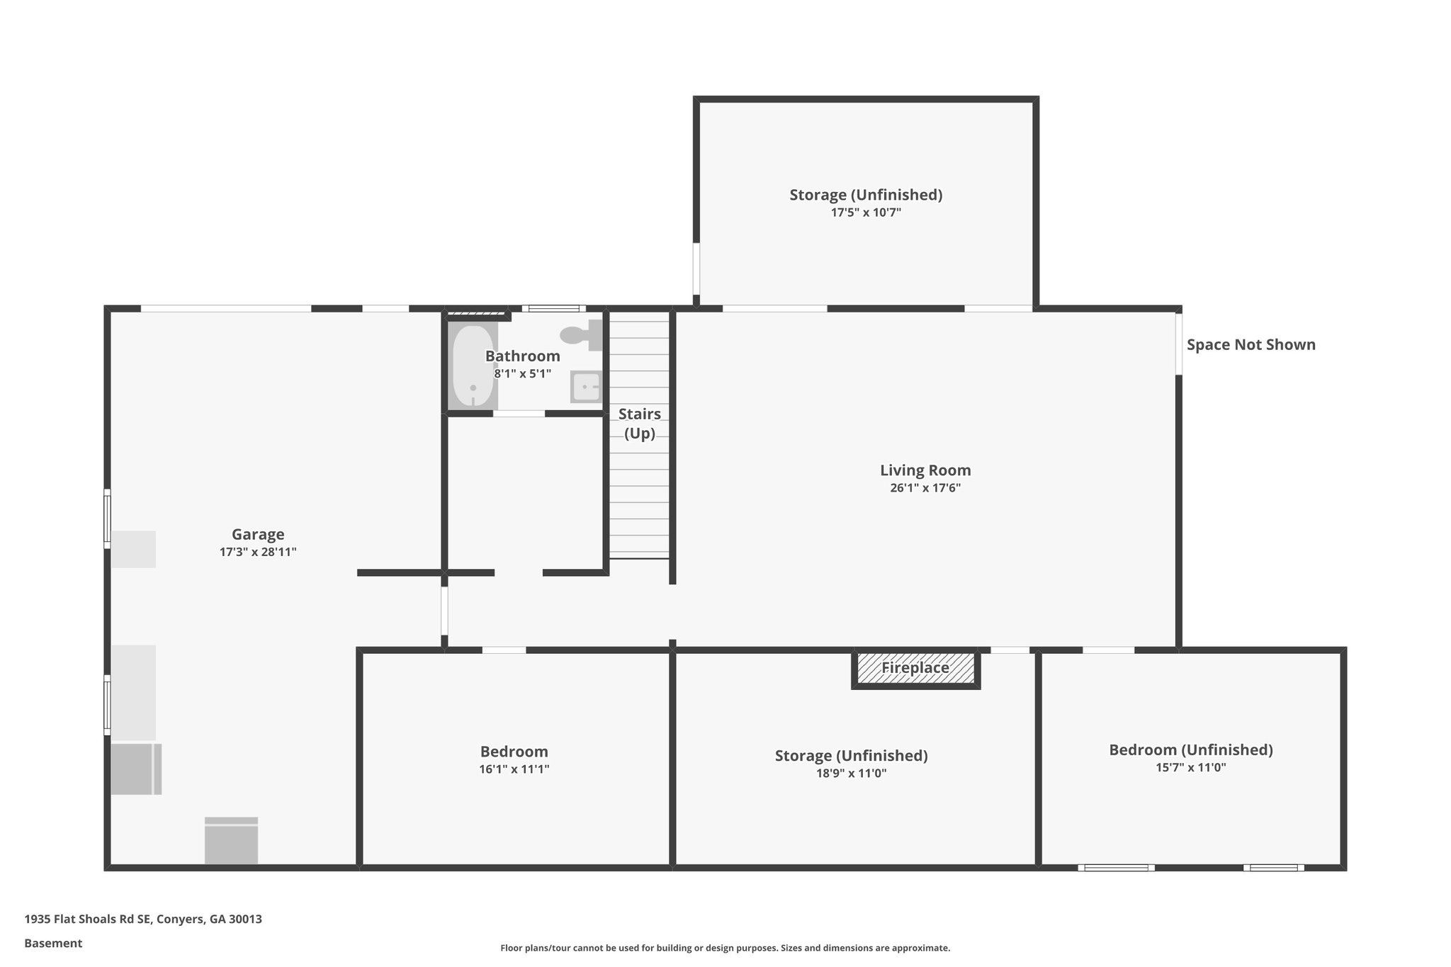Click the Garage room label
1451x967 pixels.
click(x=258, y=534)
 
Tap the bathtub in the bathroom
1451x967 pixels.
click(x=473, y=366)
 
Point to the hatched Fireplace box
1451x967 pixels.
click(x=915, y=668)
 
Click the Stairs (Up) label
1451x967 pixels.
click(x=640, y=423)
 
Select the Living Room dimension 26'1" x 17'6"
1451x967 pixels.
click(x=925, y=487)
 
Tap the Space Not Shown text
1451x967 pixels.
click(x=1250, y=345)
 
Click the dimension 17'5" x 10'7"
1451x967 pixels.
click(x=866, y=212)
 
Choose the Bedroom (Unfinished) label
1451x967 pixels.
click(x=1190, y=750)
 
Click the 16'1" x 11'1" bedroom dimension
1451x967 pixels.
click(x=514, y=769)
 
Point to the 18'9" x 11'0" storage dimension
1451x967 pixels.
click(x=851, y=773)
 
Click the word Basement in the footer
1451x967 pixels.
click(x=53, y=943)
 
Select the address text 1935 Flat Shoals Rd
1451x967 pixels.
click(x=143, y=919)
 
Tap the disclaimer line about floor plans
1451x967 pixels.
click(x=725, y=948)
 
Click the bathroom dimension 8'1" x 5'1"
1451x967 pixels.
click(x=522, y=373)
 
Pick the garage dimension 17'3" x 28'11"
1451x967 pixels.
click(x=258, y=552)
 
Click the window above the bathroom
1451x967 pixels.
click(x=554, y=308)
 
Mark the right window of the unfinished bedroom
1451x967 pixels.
click(x=1273, y=867)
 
